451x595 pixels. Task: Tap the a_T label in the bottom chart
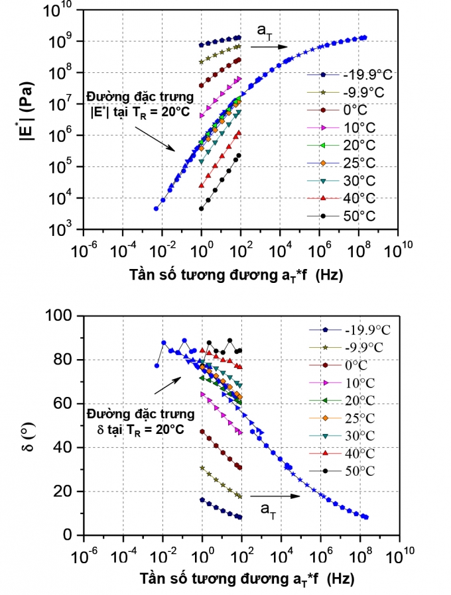268,509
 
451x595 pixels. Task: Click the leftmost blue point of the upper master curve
157,209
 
